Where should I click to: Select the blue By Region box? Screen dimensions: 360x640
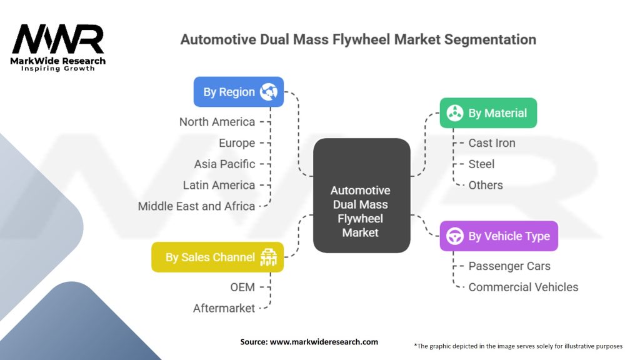(238, 92)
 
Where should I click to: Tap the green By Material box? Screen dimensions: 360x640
(488, 113)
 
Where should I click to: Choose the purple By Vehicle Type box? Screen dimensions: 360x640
(499, 236)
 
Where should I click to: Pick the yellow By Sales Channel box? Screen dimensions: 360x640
(217, 257)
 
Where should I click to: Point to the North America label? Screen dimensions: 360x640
(217, 122)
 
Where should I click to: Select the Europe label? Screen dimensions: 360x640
(237, 143)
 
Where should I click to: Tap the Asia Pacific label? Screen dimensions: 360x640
(224, 164)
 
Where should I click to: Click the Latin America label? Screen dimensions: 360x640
(219, 185)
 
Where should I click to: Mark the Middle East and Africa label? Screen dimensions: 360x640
(196, 206)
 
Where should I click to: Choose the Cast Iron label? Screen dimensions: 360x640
(492, 143)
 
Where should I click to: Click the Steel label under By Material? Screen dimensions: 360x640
(481, 164)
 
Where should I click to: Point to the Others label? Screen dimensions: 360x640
(486, 185)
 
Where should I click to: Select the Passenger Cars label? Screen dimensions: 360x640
(509, 266)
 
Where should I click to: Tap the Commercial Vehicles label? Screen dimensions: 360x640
(523, 287)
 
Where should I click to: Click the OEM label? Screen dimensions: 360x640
(242, 287)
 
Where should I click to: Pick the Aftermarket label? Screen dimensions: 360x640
(224, 308)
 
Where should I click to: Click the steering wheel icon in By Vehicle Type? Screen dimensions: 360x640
(455, 236)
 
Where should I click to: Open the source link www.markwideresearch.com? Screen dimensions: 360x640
(324, 342)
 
